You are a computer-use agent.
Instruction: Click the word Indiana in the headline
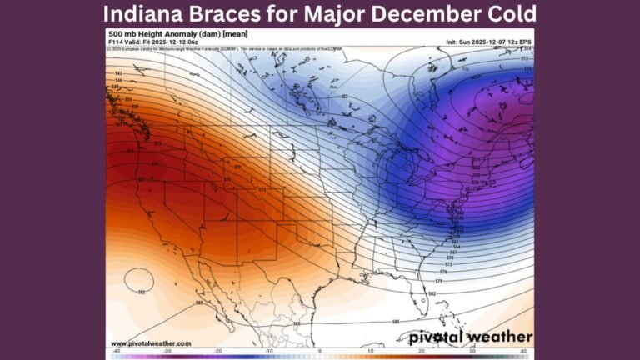pyautogui.click(x=142, y=14)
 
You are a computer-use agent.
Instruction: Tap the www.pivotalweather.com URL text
pyautogui.click(x=150, y=342)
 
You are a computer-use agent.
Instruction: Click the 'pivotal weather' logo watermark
pyautogui.click(x=471, y=337)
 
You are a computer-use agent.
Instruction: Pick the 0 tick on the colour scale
pyautogui.click(x=320, y=352)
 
